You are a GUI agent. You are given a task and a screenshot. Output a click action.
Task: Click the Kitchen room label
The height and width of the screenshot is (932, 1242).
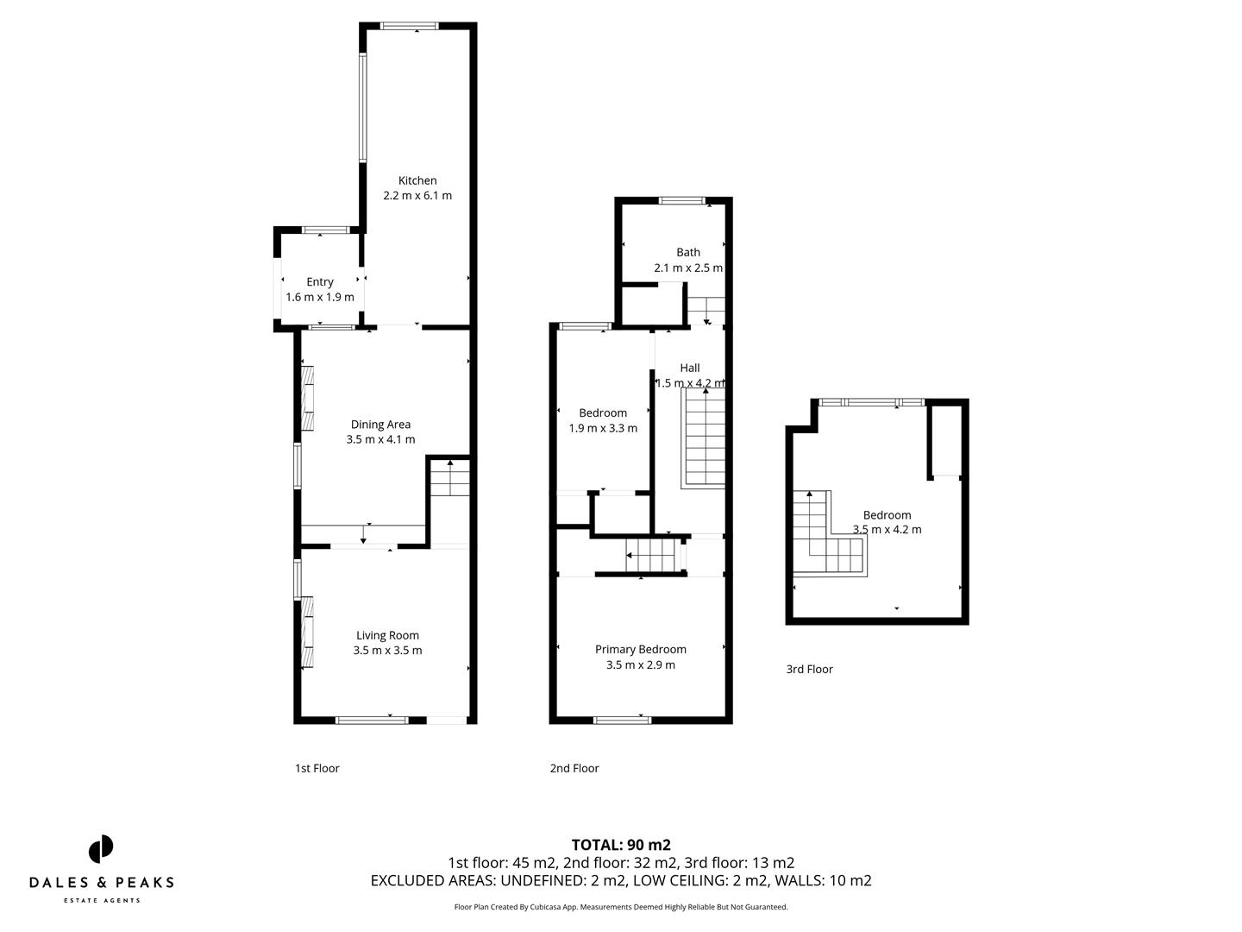coord(417,180)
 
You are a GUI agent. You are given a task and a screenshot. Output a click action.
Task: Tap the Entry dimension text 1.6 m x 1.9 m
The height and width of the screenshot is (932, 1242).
coord(320,297)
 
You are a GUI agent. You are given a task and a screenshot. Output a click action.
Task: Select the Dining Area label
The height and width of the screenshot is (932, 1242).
coord(380,424)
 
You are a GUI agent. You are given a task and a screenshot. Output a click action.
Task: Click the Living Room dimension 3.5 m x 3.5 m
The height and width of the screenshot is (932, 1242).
coord(387,651)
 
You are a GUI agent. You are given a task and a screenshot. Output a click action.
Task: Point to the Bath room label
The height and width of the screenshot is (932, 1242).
coord(688,252)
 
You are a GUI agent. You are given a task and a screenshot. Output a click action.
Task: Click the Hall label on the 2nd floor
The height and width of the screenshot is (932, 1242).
coord(690,368)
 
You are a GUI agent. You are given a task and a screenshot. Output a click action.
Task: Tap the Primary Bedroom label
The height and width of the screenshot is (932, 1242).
coord(641,649)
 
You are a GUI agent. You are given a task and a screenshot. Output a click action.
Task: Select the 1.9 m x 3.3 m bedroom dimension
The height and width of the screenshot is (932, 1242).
coord(603,428)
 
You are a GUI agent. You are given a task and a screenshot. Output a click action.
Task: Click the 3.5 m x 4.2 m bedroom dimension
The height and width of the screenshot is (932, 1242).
coord(887,530)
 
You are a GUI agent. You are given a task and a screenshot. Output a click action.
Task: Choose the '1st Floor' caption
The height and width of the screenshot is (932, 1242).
coord(317,768)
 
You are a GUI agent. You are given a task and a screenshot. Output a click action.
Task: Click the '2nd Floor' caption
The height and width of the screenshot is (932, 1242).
coord(574,768)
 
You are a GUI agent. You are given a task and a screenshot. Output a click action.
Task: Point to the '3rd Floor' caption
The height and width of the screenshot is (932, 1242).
coord(809,669)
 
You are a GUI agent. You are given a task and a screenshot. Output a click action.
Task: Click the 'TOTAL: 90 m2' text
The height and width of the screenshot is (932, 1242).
coord(621,845)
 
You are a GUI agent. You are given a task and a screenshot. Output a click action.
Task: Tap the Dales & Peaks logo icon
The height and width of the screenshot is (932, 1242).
coord(101,849)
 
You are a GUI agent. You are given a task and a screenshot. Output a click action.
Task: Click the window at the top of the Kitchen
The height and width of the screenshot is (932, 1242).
coord(410,26)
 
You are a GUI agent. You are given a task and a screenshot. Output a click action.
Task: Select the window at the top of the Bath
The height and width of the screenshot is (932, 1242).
coord(682,201)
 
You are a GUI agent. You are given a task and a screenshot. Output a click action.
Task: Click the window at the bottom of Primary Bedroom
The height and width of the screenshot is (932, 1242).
coord(622,719)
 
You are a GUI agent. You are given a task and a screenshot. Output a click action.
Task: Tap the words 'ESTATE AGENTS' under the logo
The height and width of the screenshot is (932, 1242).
coord(102,901)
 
